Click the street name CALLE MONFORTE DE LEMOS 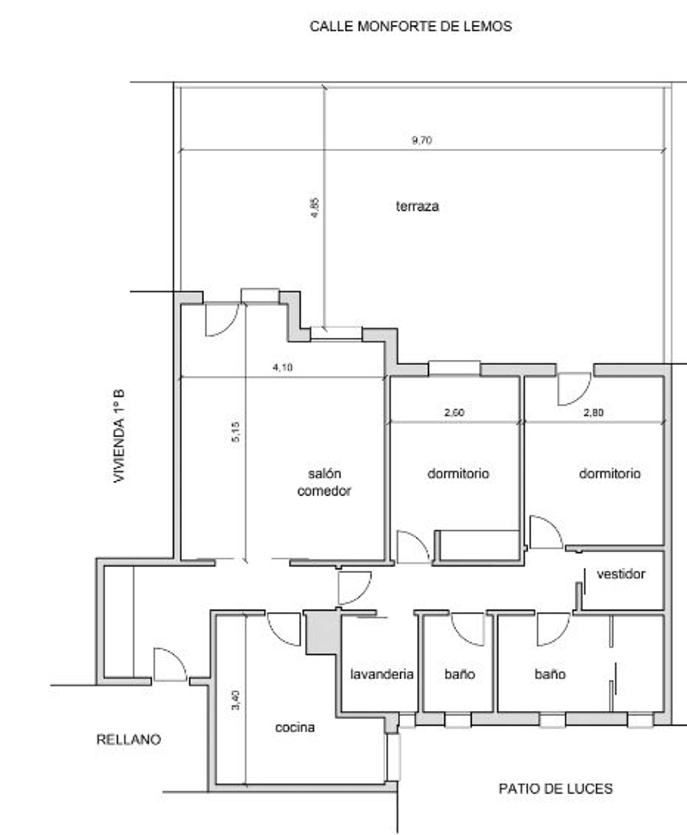click(411, 27)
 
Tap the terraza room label click(417, 206)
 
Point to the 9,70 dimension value click(421, 140)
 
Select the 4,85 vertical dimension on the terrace click(315, 208)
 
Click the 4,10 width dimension click(283, 367)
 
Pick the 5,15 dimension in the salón click(235, 431)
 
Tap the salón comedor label click(324, 482)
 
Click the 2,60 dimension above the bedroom click(454, 412)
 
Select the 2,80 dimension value click(593, 412)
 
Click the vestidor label click(621, 574)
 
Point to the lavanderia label click(382, 674)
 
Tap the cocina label click(295, 727)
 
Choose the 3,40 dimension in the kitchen click(235, 700)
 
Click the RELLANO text click(129, 739)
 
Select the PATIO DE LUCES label click(556, 788)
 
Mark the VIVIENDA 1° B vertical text click(119, 436)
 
